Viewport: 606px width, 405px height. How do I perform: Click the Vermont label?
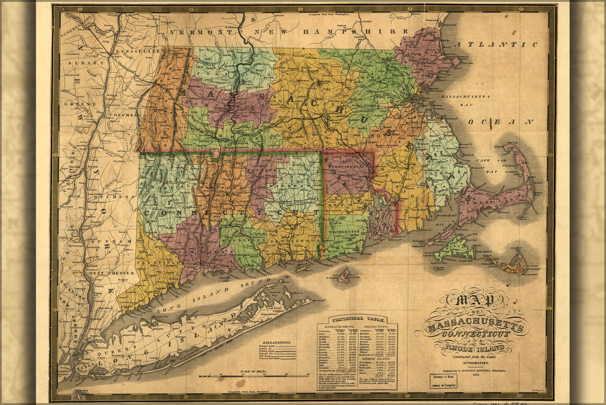[198, 32]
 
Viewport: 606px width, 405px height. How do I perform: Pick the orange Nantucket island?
[510, 266]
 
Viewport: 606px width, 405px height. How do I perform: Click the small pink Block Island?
[344, 277]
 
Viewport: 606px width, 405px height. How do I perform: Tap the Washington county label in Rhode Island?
[347, 230]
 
